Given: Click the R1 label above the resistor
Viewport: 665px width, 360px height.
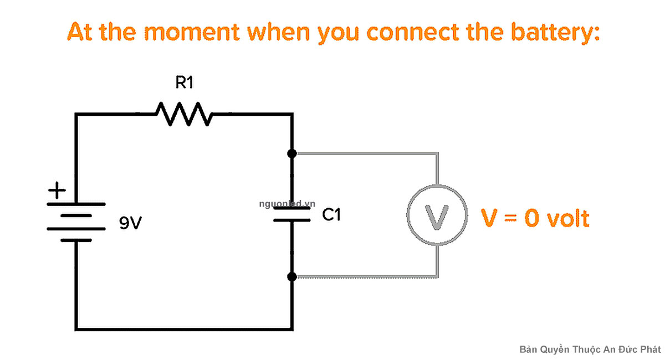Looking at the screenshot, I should click(x=184, y=83).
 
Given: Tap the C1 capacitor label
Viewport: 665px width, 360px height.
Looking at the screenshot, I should click(x=331, y=214).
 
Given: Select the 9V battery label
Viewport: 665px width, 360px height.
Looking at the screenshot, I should click(x=130, y=223).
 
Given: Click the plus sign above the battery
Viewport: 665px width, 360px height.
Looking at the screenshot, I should click(x=57, y=192).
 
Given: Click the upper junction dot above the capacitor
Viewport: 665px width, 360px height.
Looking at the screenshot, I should click(x=293, y=153).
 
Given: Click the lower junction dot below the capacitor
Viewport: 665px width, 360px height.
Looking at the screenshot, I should click(x=293, y=276).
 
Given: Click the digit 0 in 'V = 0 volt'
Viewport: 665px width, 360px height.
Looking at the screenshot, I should click(x=531, y=218).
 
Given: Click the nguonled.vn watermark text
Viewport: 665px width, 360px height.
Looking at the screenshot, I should click(x=287, y=203).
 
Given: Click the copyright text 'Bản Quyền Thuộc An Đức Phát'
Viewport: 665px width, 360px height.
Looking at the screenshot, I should click(x=590, y=349).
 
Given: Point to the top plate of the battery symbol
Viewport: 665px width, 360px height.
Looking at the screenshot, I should click(x=76, y=204).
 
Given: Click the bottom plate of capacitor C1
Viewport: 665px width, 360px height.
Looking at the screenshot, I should click(x=293, y=220).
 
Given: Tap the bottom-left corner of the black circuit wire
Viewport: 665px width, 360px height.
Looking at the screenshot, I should click(x=76, y=329).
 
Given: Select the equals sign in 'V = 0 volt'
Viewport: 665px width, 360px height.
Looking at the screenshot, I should click(x=509, y=219).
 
